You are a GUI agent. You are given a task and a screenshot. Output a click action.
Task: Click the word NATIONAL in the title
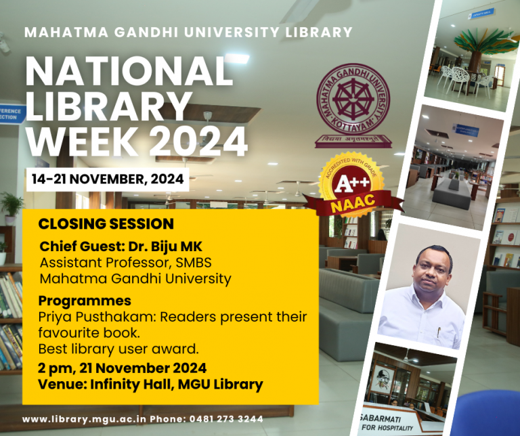click(x=129, y=72)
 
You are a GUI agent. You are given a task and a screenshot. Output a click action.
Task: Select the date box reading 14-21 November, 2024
click(x=108, y=179)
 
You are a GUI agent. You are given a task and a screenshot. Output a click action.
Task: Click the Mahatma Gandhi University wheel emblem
click(x=353, y=99)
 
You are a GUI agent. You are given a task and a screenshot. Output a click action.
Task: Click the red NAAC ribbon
click(x=353, y=201)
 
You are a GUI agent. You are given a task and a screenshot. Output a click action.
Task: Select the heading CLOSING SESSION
click(x=106, y=224)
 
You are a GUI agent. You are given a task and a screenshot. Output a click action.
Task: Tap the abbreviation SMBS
click(x=194, y=263)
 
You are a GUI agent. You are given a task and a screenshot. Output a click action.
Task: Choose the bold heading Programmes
click(x=85, y=301)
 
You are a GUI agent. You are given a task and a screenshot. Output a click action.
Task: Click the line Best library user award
click(x=118, y=349)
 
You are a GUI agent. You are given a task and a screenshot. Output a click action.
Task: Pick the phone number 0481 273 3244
click(x=226, y=419)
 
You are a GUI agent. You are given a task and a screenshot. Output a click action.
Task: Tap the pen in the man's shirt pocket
click(x=439, y=332)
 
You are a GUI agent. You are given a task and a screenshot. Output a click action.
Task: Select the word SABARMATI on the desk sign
click(x=380, y=418)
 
